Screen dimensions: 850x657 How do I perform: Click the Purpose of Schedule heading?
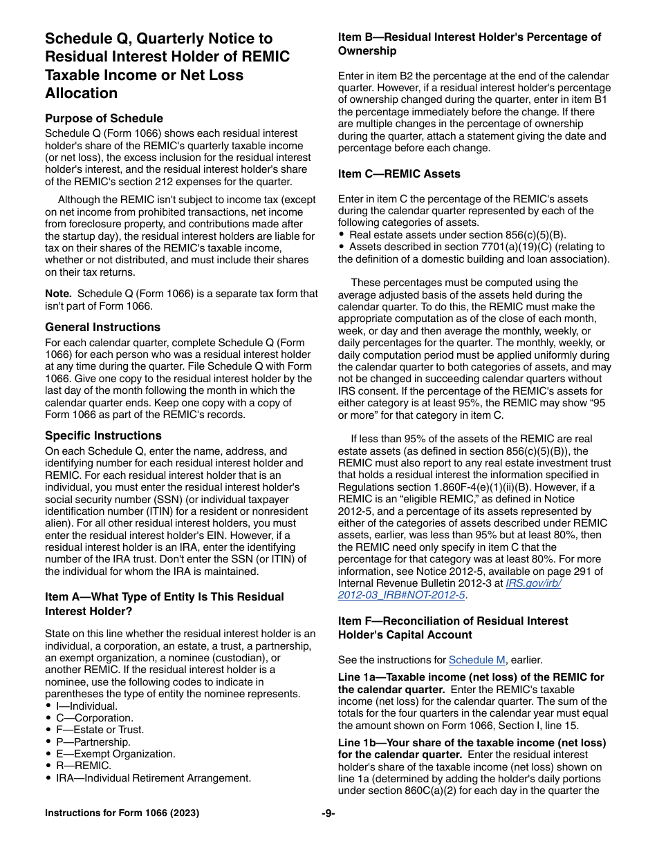[104, 118]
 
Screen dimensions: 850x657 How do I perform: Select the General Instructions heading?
[102, 327]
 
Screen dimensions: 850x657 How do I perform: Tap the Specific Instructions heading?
[103, 435]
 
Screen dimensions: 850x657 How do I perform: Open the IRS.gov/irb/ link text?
[533, 583]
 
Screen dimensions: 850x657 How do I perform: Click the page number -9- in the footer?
[328, 813]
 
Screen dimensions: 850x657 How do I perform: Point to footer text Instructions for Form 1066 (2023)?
[122, 813]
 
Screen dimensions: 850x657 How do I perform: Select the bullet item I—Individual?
[86, 706]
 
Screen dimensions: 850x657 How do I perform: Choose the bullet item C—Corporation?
[94, 718]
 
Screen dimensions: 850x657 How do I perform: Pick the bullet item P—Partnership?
[93, 742]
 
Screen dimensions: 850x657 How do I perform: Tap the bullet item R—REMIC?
[83, 766]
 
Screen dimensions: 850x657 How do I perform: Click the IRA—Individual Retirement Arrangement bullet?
[153, 777]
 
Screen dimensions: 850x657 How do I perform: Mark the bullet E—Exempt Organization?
[115, 754]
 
